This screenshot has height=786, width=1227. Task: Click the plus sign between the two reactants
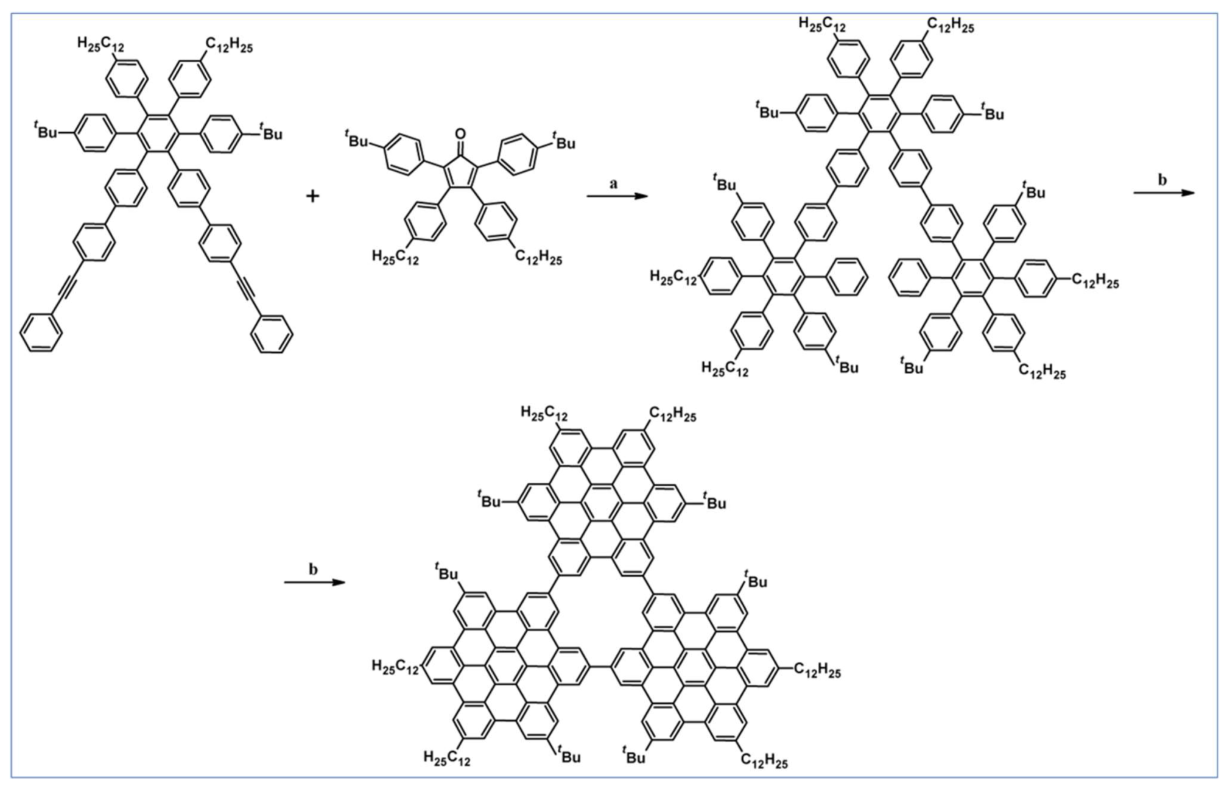[x=312, y=196]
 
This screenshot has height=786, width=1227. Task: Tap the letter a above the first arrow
[x=614, y=183]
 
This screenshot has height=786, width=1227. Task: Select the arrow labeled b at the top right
[x=1163, y=193]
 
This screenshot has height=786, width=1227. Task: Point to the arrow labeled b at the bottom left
[x=314, y=582]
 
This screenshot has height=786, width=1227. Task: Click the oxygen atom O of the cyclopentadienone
[x=460, y=133]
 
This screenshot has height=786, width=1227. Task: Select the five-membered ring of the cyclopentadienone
[x=460, y=167]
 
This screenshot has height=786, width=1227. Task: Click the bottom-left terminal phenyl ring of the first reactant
[x=41, y=333]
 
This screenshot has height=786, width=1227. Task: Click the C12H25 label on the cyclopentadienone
[x=538, y=259]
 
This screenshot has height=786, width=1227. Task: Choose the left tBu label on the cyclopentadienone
[x=356, y=141]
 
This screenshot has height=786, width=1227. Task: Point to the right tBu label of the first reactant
[x=270, y=132]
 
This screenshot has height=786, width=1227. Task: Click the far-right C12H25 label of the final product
[x=817, y=671]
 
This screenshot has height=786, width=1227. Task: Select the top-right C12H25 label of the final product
[x=672, y=416]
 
